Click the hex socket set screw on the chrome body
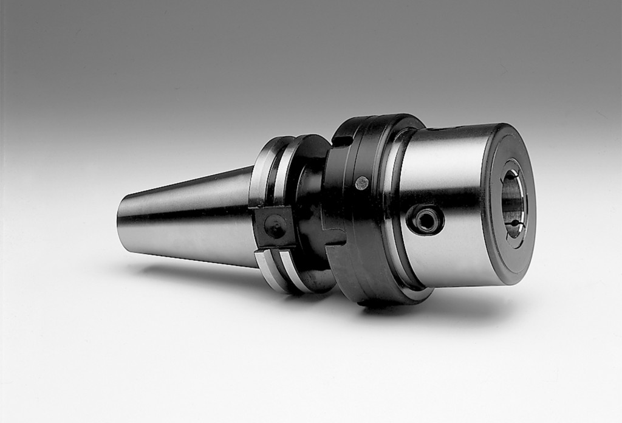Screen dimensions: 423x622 [426, 220]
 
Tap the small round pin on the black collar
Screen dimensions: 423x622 [361, 183]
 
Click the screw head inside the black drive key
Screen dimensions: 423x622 [276, 229]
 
